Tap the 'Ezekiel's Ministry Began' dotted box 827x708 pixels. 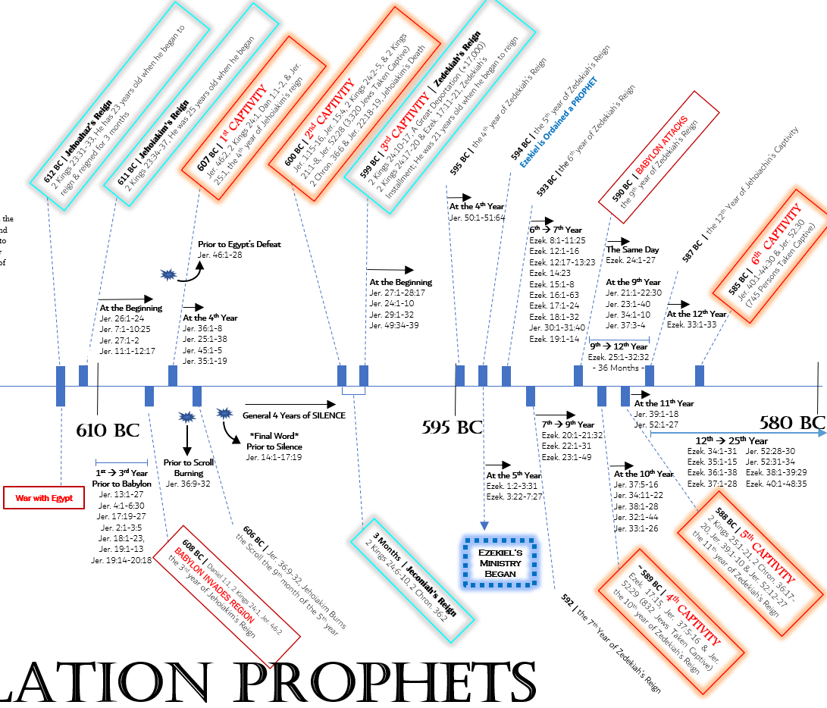500,562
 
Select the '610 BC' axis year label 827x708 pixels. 108,430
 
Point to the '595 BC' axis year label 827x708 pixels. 452,427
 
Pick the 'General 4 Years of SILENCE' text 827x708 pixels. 294,415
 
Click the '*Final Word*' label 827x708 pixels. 274,436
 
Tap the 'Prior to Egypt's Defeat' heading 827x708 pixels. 239,244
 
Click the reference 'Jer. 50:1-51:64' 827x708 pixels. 478,218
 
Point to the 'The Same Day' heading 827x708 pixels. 632,249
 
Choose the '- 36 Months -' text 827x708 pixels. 617,368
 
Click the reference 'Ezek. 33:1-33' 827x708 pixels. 691,324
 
